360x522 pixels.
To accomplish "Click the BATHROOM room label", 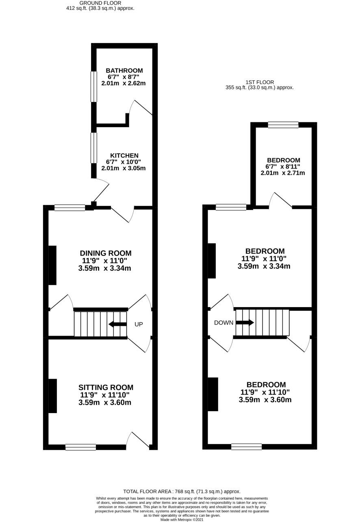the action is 124,70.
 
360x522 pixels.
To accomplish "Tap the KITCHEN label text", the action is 124,156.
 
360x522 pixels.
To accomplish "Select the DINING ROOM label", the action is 106,253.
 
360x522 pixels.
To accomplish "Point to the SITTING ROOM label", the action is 106,387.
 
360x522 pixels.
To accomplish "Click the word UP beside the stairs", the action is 139,324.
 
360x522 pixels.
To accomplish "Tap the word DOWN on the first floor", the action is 223,323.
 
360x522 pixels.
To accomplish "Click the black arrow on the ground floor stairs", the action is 117,324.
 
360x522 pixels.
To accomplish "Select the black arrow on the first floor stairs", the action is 245,323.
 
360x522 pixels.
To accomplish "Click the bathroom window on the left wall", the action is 94,87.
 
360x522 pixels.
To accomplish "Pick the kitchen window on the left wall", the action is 94,148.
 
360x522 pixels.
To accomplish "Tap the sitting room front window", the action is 81,447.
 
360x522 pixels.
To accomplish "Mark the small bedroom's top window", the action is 283,125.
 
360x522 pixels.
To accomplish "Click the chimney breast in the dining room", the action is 52,265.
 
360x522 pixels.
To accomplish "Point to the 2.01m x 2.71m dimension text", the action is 282,173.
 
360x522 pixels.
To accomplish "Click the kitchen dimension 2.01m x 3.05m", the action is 124,168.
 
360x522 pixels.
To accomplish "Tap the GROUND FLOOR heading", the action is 100,3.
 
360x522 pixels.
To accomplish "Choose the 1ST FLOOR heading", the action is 260,82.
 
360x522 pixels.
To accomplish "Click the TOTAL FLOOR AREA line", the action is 182,492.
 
